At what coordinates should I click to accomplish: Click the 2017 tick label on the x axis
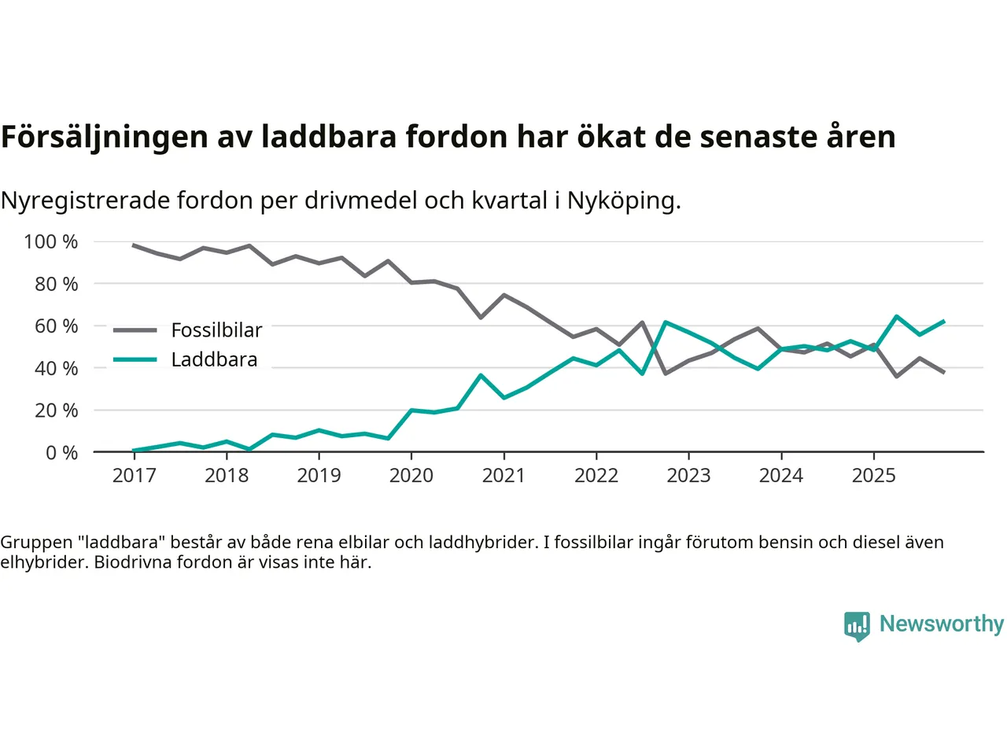click(x=134, y=475)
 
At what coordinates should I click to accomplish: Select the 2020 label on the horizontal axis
click(x=411, y=475)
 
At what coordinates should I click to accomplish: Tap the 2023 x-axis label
click(x=688, y=475)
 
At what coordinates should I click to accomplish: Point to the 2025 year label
click(x=873, y=475)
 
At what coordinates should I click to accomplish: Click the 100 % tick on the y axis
click(x=51, y=241)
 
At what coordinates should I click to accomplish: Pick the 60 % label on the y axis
click(x=56, y=326)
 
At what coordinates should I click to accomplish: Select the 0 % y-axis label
click(x=61, y=452)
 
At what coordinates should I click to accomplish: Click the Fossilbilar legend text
click(x=216, y=330)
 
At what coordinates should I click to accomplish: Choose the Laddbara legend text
click(x=214, y=359)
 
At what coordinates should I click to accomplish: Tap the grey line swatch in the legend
click(x=135, y=330)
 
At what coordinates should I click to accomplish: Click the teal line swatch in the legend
click(x=135, y=359)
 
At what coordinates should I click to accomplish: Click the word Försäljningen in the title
click(x=105, y=137)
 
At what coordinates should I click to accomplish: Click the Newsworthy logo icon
click(x=857, y=625)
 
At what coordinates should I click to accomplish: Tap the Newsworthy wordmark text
click(x=941, y=624)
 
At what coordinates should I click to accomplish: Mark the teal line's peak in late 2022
click(x=666, y=322)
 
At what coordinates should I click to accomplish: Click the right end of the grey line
click(x=943, y=372)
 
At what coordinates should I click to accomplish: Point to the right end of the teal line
click(x=943, y=321)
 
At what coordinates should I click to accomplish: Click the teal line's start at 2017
click(x=134, y=451)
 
